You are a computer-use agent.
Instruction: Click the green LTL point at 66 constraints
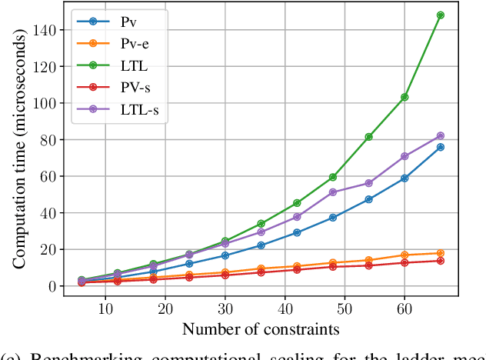point(440,15)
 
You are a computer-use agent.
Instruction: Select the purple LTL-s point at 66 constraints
point(440,136)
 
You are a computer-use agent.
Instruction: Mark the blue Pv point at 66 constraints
point(440,147)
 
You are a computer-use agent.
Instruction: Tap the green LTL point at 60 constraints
point(404,97)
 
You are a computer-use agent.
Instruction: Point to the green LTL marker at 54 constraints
point(369,137)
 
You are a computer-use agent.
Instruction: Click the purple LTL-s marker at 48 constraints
point(333,192)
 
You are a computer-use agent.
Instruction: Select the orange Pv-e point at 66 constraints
point(440,253)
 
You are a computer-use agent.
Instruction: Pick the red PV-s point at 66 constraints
point(440,261)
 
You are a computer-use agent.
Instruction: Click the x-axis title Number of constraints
point(260,330)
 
